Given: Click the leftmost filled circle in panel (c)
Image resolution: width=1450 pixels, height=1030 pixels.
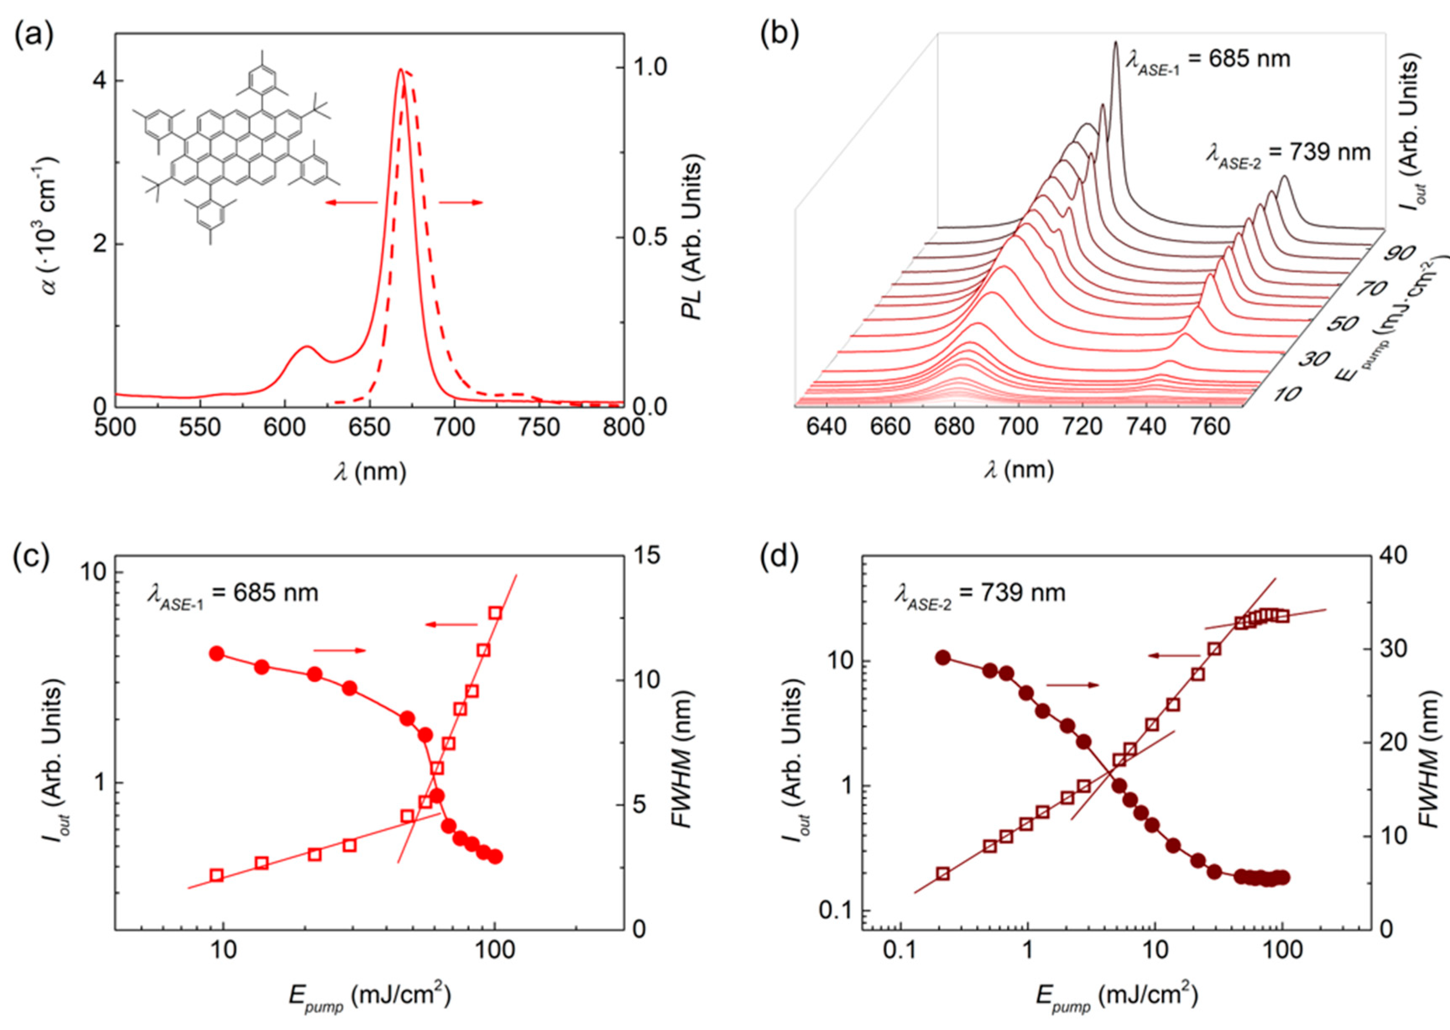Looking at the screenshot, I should tap(217, 654).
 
